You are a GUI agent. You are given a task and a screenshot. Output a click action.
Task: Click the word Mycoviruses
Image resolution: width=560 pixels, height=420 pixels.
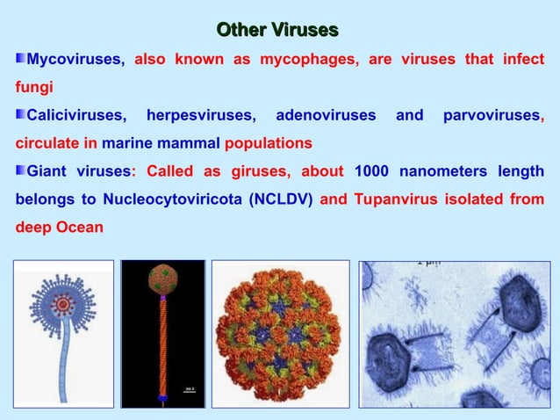pyautogui.click(x=76, y=61)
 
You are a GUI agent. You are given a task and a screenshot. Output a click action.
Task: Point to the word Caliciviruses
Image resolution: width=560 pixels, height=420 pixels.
pyautogui.click(x=77, y=115)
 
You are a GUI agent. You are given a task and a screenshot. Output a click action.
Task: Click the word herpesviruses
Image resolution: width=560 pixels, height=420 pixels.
pyautogui.click(x=202, y=115)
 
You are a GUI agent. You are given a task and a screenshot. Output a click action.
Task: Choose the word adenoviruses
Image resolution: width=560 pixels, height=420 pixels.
pyautogui.click(x=326, y=115)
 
